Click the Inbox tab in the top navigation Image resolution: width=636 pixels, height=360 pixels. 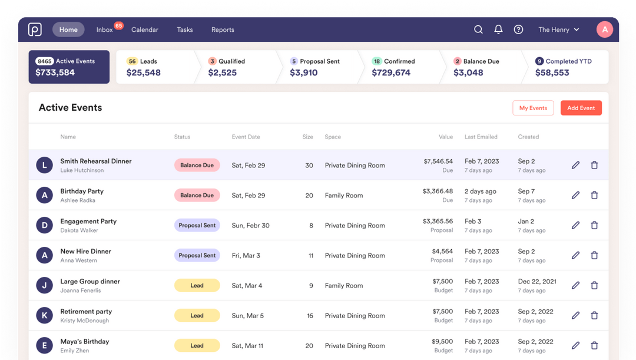pos(105,29)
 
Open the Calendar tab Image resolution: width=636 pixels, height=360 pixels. pos(144,29)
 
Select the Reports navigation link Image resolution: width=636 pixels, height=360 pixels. pos(223,29)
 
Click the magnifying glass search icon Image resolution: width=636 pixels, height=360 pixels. pos(478,29)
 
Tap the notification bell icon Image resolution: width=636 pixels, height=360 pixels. pos(498,29)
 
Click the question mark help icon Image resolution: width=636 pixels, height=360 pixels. pos(518,29)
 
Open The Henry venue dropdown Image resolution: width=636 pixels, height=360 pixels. pos(558,29)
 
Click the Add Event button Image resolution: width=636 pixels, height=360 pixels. pos(581,108)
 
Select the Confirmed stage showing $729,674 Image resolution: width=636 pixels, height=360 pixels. pos(397,67)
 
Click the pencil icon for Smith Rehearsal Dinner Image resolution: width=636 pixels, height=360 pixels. pos(575,165)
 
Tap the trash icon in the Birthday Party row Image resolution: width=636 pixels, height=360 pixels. pos(594,195)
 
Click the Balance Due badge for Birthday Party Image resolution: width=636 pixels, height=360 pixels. pos(197,195)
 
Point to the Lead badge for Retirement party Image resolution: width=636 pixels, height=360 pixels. pos(197,315)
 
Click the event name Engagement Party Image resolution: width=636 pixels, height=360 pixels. pos(88,221)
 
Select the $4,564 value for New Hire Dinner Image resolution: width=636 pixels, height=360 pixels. pos(442,251)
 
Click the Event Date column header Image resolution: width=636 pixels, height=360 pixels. pos(246,137)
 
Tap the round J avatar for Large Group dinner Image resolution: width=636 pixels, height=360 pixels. pos(44,285)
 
